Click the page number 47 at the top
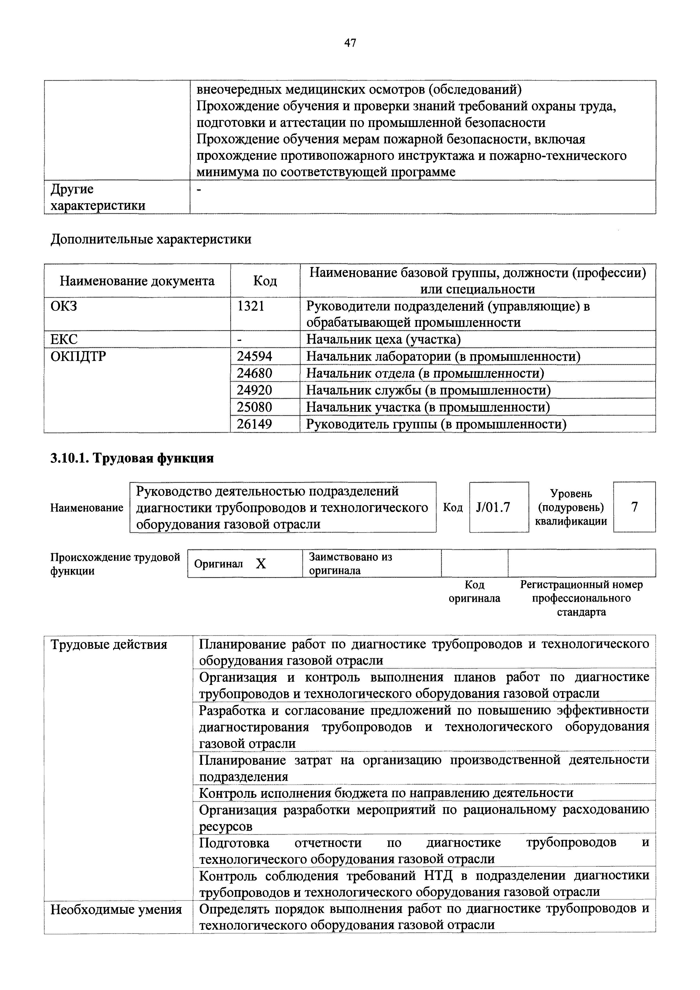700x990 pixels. [x=350, y=43]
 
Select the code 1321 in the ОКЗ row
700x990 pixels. [x=251, y=306]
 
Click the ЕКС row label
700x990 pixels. [x=64, y=339]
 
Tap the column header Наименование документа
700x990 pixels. [x=137, y=281]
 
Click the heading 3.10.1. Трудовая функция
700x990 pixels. [x=132, y=458]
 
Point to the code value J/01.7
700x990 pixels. [x=493, y=507]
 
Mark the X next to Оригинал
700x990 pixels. [x=261, y=564]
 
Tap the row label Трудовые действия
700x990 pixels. [x=109, y=645]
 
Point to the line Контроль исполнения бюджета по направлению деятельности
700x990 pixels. [x=386, y=792]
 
